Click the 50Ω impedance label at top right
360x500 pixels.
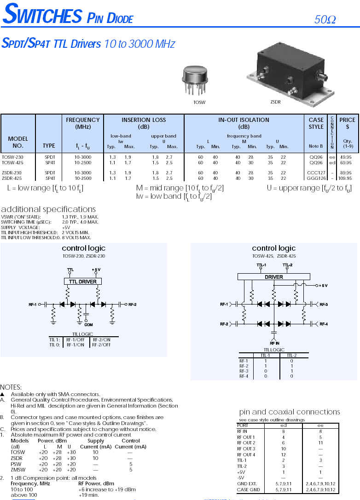click(x=325, y=20)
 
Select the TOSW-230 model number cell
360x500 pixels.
click(x=12, y=157)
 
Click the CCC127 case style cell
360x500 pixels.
click(x=316, y=172)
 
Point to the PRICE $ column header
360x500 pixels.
click(x=347, y=123)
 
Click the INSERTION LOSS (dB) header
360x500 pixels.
click(x=144, y=123)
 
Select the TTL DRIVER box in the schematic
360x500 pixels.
click(x=82, y=281)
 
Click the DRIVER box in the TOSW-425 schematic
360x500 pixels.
click(x=274, y=277)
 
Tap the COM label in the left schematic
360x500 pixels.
click(x=88, y=325)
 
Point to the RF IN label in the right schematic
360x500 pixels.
click(x=274, y=343)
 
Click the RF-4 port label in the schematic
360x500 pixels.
click(x=323, y=324)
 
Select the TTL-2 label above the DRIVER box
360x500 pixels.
click(x=287, y=265)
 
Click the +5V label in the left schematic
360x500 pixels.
click(x=96, y=269)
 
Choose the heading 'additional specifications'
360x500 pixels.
click(x=48, y=209)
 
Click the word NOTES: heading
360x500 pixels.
click(x=11, y=387)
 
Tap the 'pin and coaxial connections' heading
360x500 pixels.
click(x=290, y=412)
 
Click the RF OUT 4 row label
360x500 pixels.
click(x=246, y=455)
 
